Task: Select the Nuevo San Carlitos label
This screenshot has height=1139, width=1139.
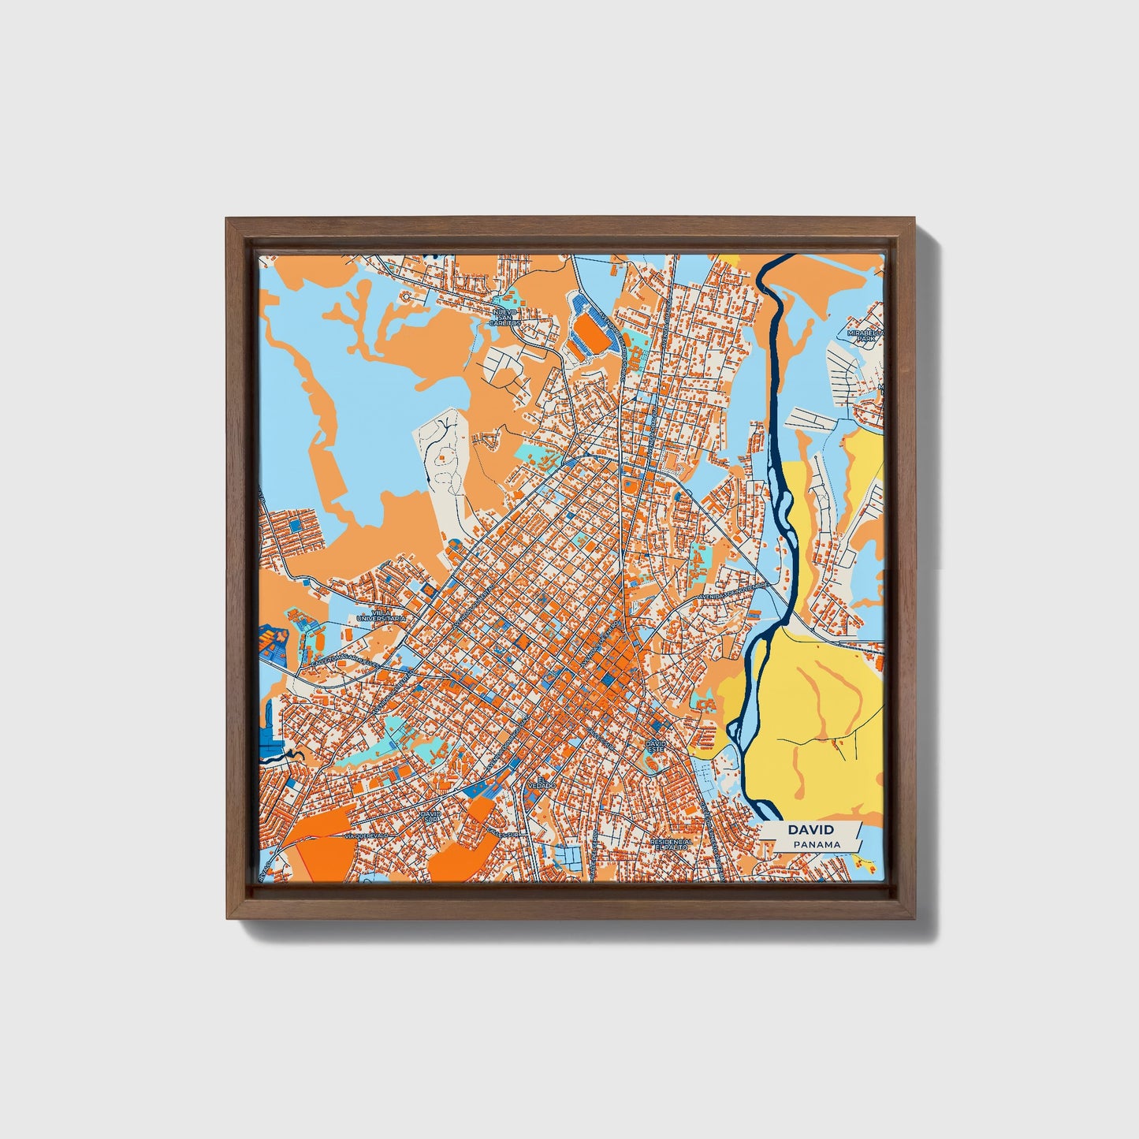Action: [504, 317]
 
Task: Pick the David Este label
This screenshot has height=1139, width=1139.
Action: [655, 744]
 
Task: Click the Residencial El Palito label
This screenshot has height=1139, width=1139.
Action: [671, 844]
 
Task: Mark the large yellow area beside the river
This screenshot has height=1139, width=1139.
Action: [812, 709]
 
